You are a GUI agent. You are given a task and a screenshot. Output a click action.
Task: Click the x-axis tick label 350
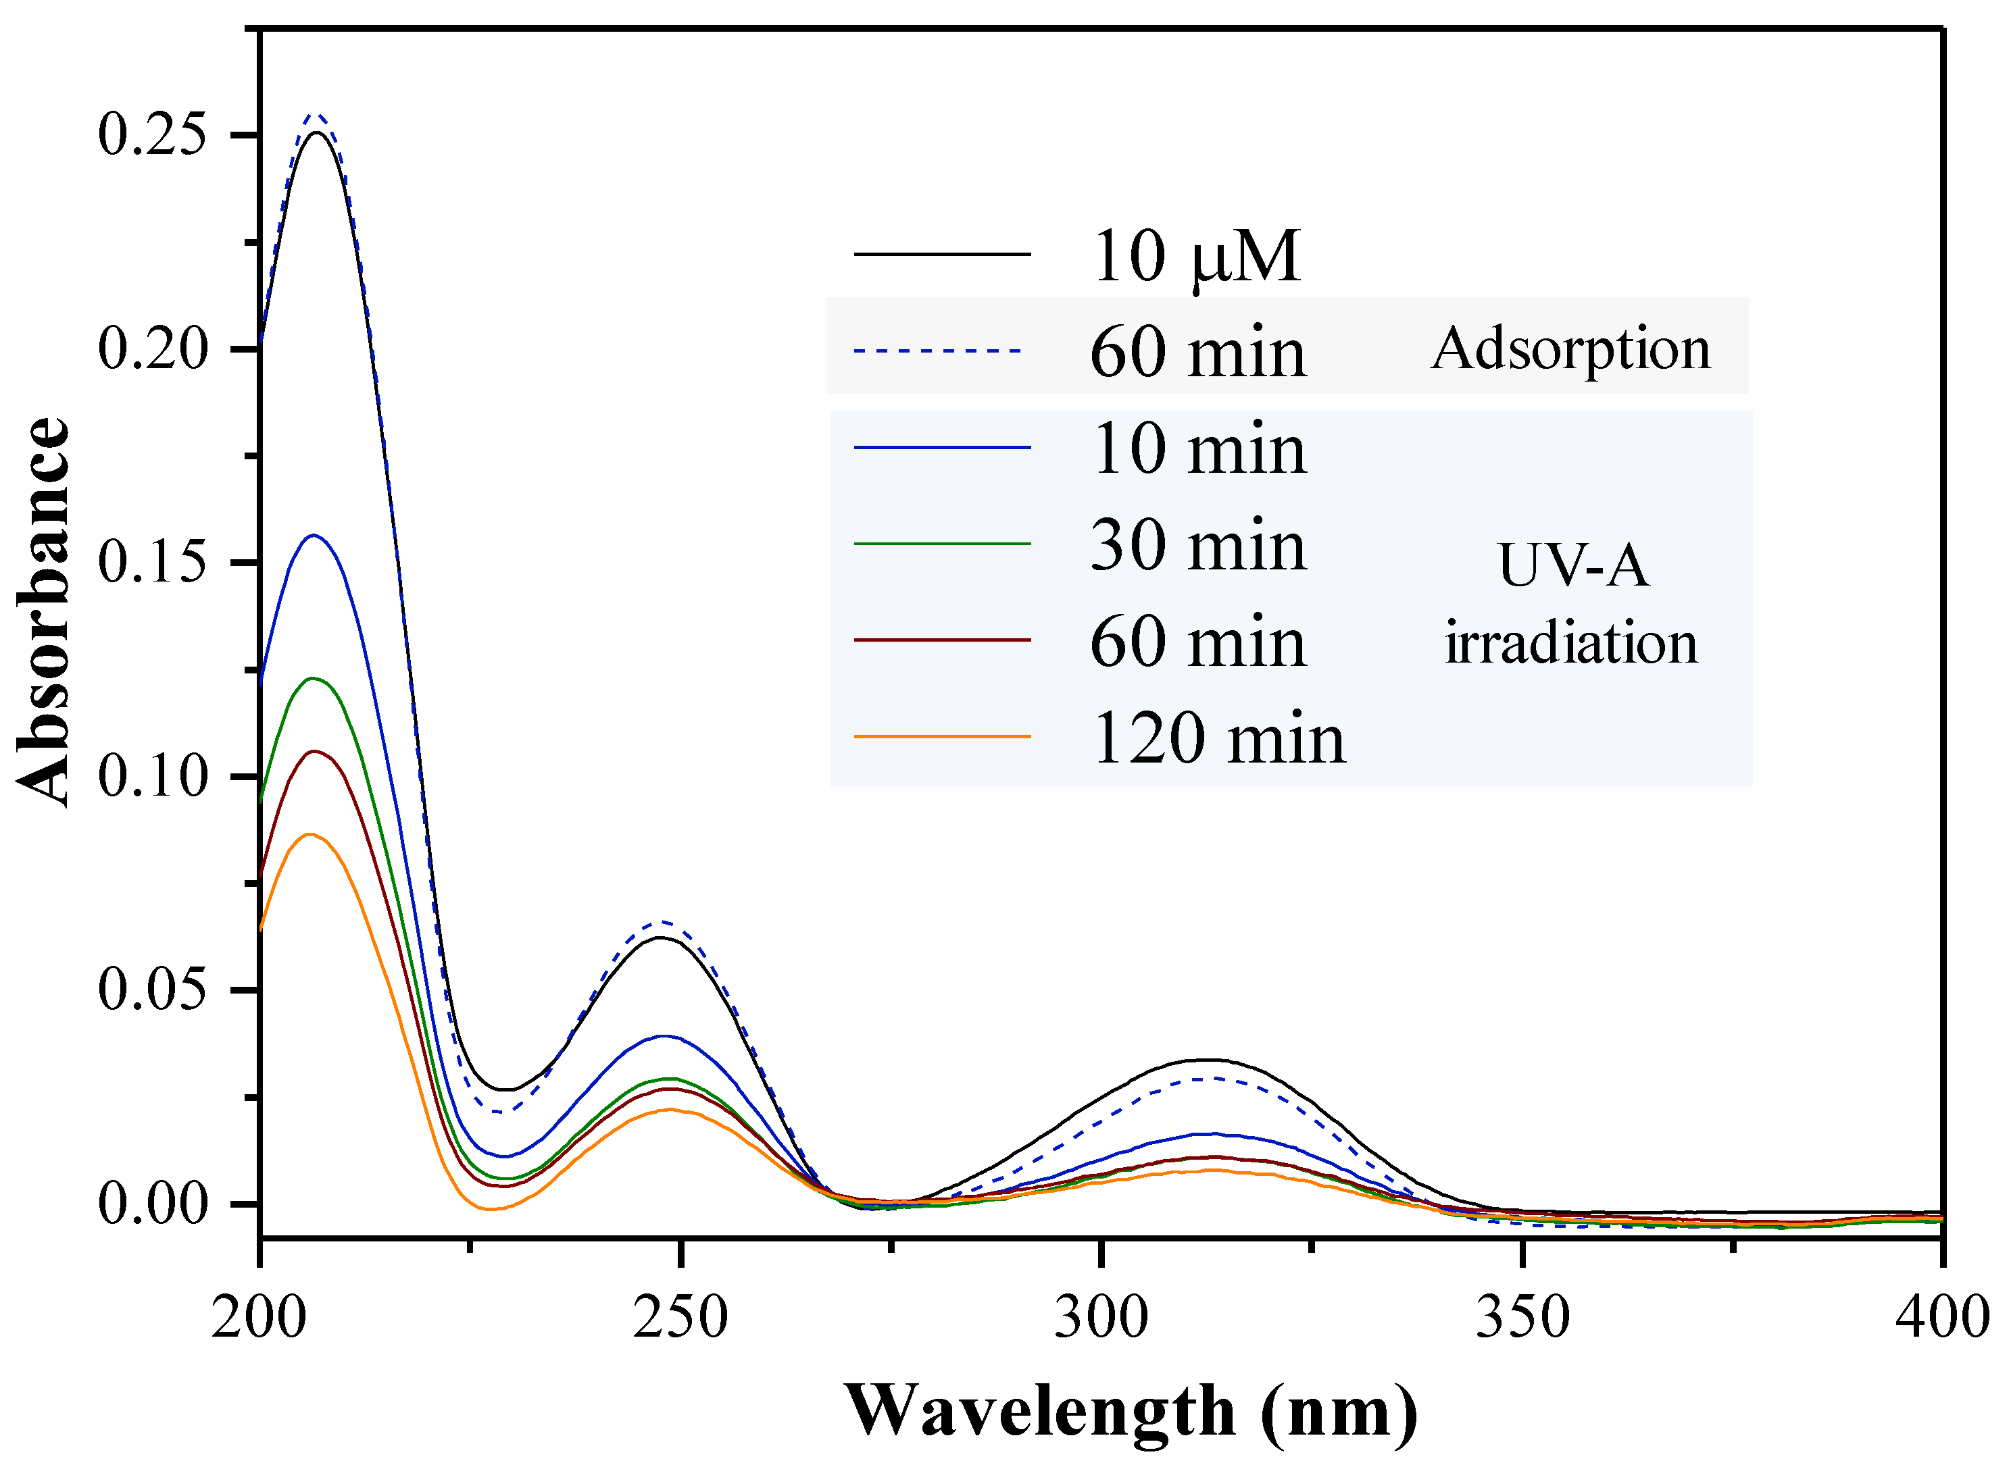(x=1522, y=1318)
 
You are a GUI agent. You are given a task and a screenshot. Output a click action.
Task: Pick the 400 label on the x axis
(x=1941, y=1318)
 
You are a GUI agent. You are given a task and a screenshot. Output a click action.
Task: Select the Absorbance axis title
(x=43, y=612)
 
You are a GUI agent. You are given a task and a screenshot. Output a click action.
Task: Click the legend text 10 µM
(x=1195, y=256)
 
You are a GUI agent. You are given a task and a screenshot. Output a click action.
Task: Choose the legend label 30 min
(x=1197, y=545)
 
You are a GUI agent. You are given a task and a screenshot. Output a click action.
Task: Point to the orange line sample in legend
(x=941, y=737)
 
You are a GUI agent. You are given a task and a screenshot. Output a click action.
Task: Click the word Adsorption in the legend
(x=1570, y=349)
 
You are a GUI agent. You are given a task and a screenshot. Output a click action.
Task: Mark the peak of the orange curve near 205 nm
(x=309, y=834)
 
